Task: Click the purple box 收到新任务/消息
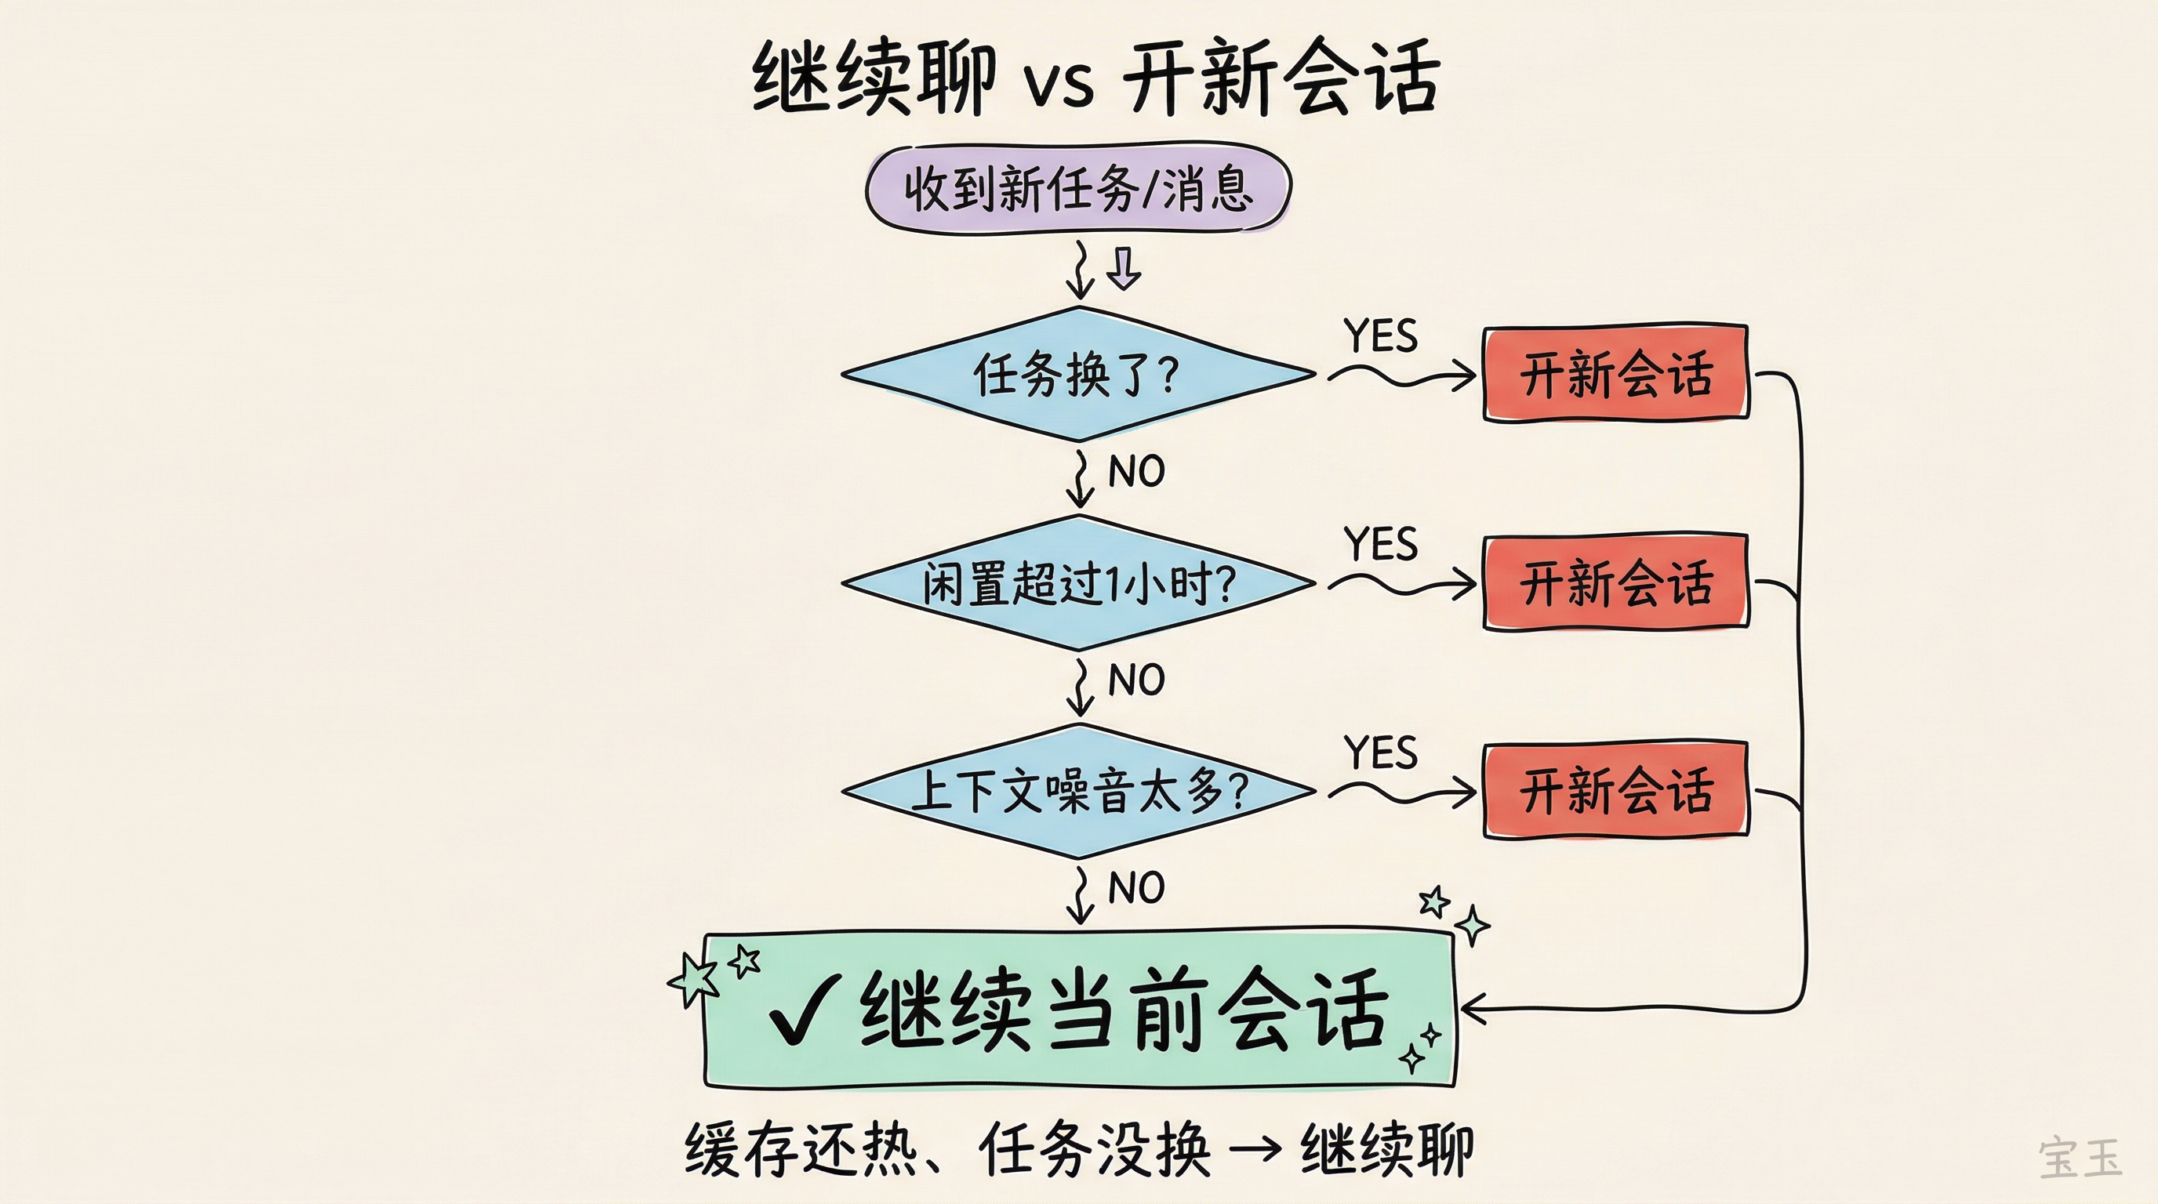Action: click(x=1078, y=188)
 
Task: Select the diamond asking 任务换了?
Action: click(x=1078, y=373)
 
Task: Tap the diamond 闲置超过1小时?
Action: click(x=1078, y=582)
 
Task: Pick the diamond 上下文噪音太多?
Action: click(x=1078, y=791)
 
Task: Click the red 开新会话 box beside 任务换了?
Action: click(x=1615, y=373)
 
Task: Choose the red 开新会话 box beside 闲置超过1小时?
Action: click(x=1615, y=582)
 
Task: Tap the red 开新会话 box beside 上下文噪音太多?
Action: click(x=1615, y=789)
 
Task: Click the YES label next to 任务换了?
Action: click(x=1381, y=336)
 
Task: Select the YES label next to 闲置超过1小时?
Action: click(x=1381, y=544)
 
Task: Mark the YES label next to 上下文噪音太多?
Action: click(x=1381, y=752)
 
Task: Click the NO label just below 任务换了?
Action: click(x=1136, y=471)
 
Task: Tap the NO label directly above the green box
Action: click(x=1136, y=887)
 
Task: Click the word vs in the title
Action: click(x=1059, y=83)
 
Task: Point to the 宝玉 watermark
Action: click(x=2080, y=1158)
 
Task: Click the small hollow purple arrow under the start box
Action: click(x=1124, y=269)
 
